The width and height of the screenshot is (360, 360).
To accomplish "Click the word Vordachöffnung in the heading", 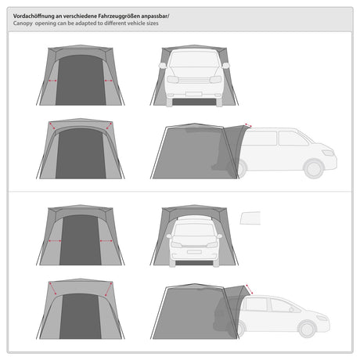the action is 34,16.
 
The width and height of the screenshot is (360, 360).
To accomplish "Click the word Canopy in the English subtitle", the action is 23,23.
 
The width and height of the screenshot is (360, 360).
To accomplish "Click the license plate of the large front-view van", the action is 193,94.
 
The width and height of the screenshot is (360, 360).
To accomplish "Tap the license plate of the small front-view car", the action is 194,252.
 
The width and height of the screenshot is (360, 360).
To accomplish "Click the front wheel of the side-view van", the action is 314,169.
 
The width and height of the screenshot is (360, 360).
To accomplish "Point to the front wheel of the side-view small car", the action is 307,329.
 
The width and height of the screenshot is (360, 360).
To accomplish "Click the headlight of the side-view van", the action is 329,153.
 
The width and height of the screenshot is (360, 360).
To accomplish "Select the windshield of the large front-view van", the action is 194,59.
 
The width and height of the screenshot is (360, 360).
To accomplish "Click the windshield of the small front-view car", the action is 194,230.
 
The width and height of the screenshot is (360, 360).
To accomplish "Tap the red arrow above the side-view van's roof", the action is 248,125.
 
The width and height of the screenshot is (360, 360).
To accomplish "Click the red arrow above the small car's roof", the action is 249,290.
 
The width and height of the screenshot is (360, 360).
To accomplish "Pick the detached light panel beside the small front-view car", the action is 250,218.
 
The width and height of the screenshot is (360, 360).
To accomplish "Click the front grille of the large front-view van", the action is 194,80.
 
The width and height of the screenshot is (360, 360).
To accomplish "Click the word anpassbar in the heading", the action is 155,16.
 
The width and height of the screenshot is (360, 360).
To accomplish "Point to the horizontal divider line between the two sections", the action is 180,192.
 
